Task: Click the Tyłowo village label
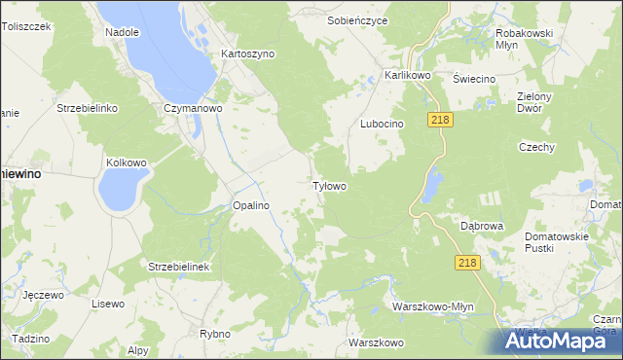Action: [329, 185]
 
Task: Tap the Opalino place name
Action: [250, 205]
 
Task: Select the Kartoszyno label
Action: [248, 54]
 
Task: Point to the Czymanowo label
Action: [194, 109]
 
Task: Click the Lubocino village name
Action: [382, 125]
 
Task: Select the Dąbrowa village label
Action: [482, 226]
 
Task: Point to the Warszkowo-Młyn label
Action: [432, 306]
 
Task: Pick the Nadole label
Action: [123, 32]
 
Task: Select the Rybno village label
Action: [214, 334]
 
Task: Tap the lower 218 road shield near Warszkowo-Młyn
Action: [468, 263]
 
